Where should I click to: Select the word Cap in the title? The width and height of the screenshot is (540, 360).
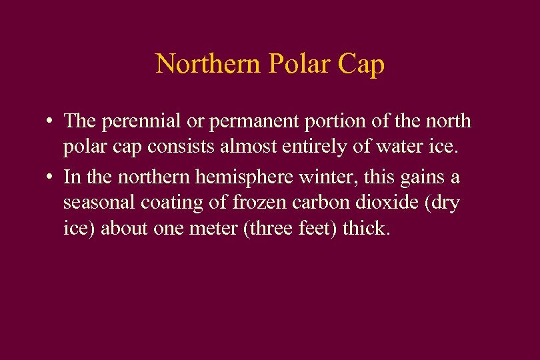362,65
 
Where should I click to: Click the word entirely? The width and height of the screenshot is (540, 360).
307,147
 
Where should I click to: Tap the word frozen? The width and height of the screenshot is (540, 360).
234,203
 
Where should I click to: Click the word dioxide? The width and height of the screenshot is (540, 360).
370,203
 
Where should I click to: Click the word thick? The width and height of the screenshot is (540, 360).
365,229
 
